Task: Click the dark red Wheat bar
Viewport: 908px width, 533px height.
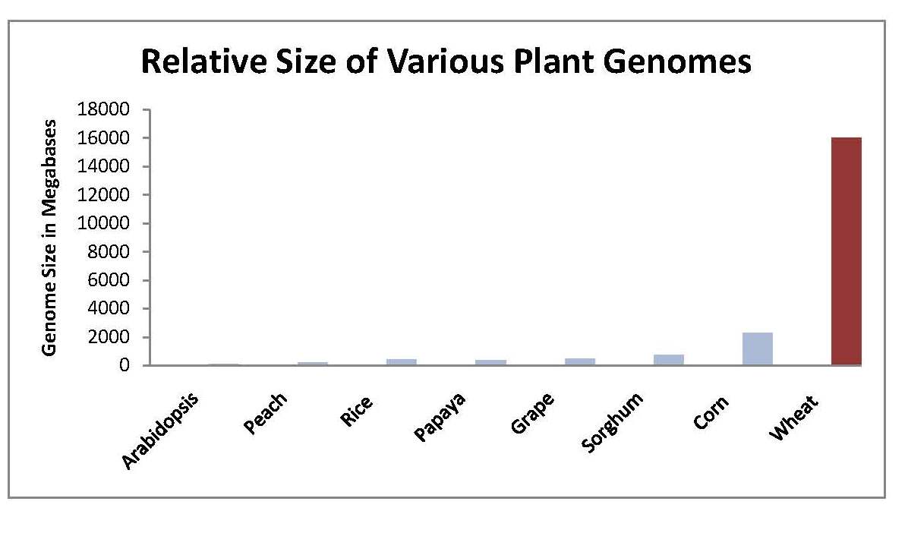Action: coord(846,251)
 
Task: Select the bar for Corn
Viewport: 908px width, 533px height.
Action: coord(757,349)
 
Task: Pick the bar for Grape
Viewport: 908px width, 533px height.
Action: coord(579,361)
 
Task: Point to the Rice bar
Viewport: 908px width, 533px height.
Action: coord(402,362)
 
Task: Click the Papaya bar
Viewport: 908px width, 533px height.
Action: coord(490,362)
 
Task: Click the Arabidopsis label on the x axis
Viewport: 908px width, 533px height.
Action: coord(160,430)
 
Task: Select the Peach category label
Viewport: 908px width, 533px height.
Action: coord(265,413)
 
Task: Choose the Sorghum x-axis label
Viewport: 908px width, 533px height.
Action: coord(611,422)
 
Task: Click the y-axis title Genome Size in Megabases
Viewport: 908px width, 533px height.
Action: coord(50,237)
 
